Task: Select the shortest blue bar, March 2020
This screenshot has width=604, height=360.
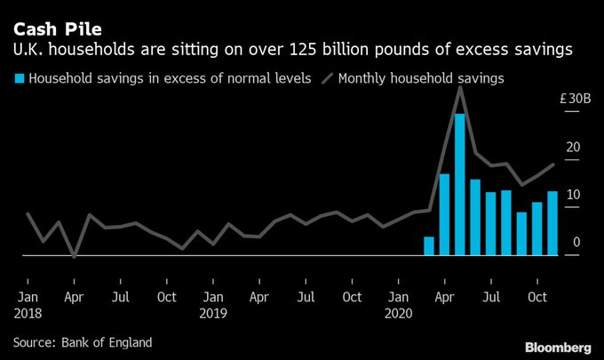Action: [429, 246]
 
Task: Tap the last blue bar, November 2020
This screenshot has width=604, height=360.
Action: [552, 223]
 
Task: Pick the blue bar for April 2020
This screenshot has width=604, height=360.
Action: [444, 214]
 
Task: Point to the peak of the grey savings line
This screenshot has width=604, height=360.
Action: [460, 87]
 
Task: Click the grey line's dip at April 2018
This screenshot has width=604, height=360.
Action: [74, 256]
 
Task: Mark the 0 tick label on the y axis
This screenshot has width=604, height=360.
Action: [576, 242]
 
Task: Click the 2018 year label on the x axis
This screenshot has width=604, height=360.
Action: [28, 313]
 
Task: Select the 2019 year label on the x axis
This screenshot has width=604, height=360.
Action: [212, 313]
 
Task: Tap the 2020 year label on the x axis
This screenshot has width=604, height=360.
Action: [399, 313]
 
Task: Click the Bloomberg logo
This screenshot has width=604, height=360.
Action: [558, 345]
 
